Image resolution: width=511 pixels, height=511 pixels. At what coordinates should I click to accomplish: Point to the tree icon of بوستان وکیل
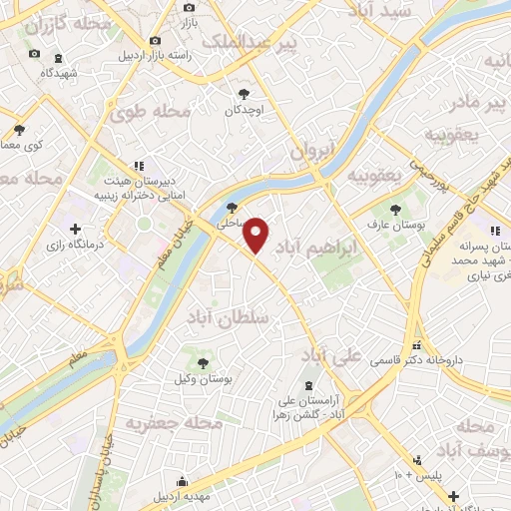coord(204,363)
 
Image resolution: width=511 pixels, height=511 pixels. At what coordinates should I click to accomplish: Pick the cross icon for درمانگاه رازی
coord(75,229)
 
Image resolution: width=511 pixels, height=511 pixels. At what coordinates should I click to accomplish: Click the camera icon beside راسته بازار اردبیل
coord(155,40)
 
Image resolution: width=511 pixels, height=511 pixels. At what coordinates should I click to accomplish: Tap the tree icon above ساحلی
coord(232,209)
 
